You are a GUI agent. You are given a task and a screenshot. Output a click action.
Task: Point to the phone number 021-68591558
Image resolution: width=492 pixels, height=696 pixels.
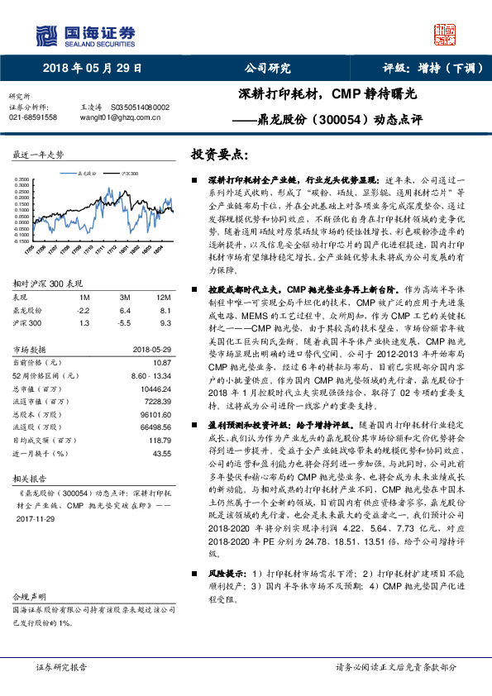[33, 118]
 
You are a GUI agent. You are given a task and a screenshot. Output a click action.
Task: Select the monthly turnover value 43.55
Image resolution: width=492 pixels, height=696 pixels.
[161, 454]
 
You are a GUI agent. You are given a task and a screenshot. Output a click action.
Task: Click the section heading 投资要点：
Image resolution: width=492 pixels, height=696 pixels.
[219, 155]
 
